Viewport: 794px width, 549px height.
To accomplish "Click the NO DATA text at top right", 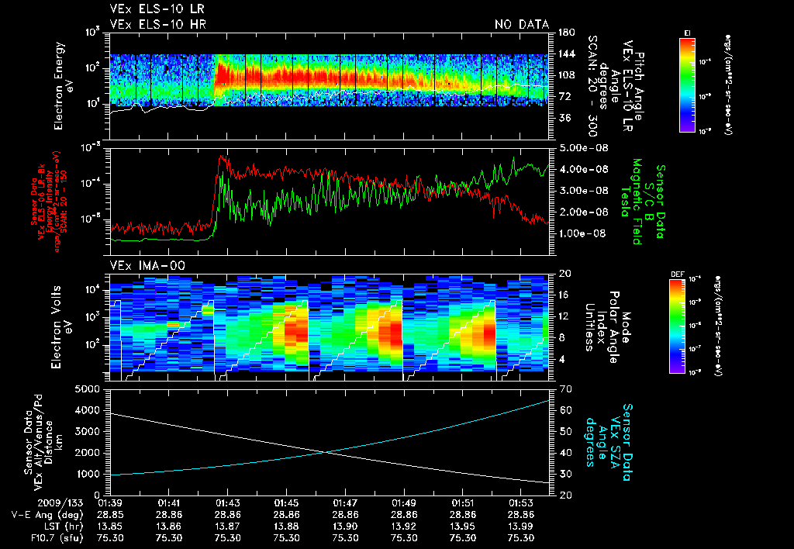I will pos(522,25).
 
